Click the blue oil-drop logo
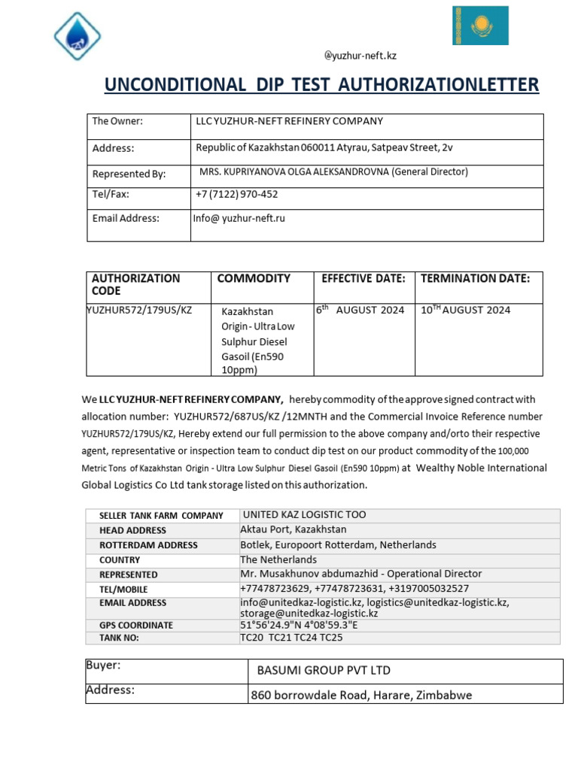point(77,35)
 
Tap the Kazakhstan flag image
point(480,26)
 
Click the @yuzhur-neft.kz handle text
point(360,57)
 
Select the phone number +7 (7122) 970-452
point(236,194)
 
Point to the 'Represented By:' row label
point(129,174)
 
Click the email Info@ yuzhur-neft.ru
point(239,219)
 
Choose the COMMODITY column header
point(254,278)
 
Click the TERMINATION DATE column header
point(475,278)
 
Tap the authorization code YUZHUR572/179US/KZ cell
point(139,310)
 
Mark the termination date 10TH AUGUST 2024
point(465,310)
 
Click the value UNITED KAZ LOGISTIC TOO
point(303,515)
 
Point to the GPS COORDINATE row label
point(136,625)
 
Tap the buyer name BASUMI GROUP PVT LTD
point(324,670)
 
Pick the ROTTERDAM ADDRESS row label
point(148,545)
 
